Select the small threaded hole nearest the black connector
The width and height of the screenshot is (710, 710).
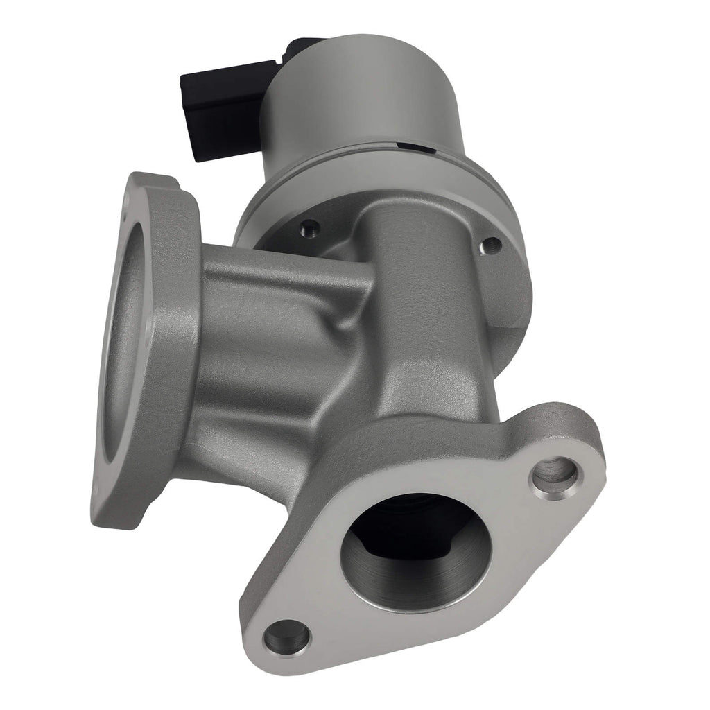pyautogui.click(x=310, y=226)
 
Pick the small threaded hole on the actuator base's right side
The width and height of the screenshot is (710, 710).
pyautogui.click(x=492, y=244)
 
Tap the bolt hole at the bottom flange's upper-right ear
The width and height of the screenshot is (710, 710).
pyautogui.click(x=555, y=474)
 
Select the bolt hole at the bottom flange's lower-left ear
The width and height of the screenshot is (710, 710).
pyautogui.click(x=288, y=637)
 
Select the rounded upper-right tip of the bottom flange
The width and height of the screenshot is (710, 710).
pyautogui.click(x=589, y=444)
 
